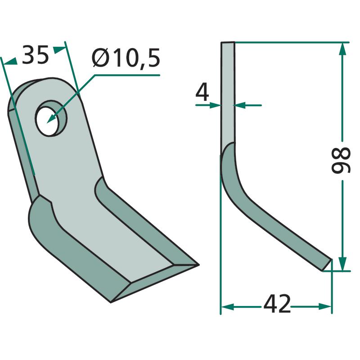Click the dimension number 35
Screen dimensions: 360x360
tap(35, 54)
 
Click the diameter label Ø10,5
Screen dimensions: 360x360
tap(126, 58)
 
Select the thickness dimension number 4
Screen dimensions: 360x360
tap(202, 92)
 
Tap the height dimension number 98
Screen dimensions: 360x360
tap(341, 160)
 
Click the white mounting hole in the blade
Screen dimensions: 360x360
tap(48, 121)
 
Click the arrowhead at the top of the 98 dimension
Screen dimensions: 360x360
tap(342, 49)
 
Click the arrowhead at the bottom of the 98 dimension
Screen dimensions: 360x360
tap(342, 264)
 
